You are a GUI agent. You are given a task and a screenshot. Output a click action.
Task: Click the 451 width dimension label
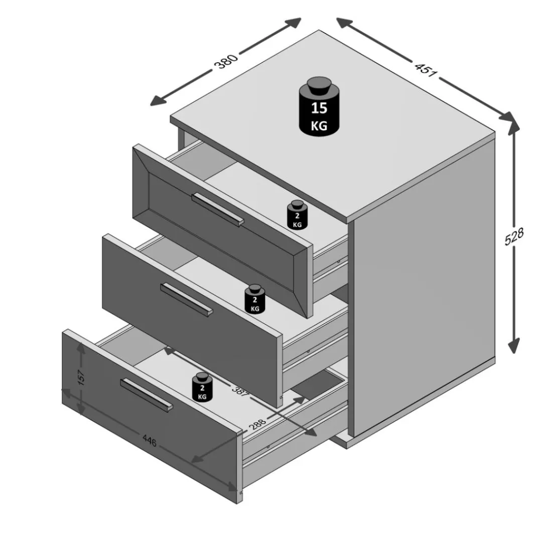pos(426,69)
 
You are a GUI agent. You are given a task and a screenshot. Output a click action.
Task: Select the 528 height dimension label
pos(514,236)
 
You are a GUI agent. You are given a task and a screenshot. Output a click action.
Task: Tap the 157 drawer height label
pos(81,377)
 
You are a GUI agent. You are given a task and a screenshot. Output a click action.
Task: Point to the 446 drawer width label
pos(149,441)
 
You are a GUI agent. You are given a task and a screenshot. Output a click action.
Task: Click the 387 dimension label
pos(240,391)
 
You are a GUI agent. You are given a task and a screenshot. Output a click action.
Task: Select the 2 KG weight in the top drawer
pos(297,215)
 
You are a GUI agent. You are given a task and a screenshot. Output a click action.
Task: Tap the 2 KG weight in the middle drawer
pos(255,299)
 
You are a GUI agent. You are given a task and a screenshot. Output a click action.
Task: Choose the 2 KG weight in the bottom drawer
pos(202,387)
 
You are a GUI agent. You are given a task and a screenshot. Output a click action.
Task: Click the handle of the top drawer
pos(218,209)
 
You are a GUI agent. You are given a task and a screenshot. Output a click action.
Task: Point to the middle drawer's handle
pos(187,300)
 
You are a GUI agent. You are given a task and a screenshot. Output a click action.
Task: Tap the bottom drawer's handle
pos(147,394)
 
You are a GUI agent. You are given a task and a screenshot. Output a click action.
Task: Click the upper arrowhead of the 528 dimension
pos(514,128)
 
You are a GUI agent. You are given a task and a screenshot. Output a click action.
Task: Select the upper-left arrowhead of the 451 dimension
pos(344,23)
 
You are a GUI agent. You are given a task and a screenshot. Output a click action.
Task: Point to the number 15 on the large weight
pos(319,108)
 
